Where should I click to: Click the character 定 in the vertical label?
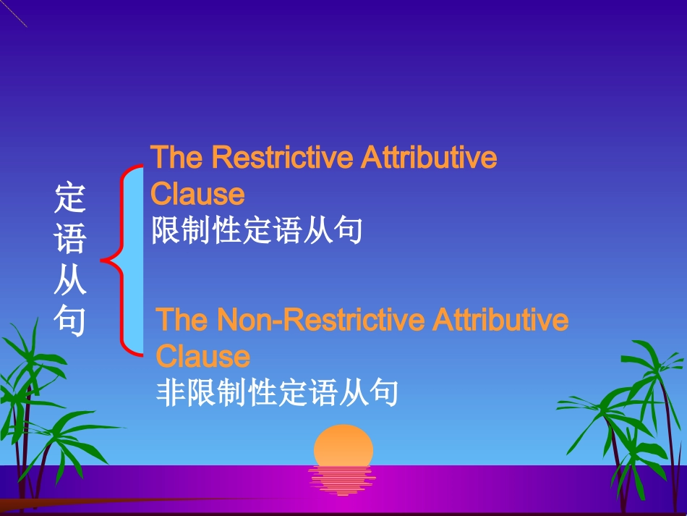tap(70, 198)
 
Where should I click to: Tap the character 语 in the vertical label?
tap(70, 239)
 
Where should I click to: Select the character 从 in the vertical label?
tap(70, 280)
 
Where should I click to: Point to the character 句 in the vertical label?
tap(70, 321)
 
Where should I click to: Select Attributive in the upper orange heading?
tap(430, 157)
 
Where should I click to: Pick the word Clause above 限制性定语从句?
tap(197, 194)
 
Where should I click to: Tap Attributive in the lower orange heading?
tap(500, 320)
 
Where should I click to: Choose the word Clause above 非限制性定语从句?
tap(203, 357)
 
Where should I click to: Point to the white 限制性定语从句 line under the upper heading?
tap(257, 232)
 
